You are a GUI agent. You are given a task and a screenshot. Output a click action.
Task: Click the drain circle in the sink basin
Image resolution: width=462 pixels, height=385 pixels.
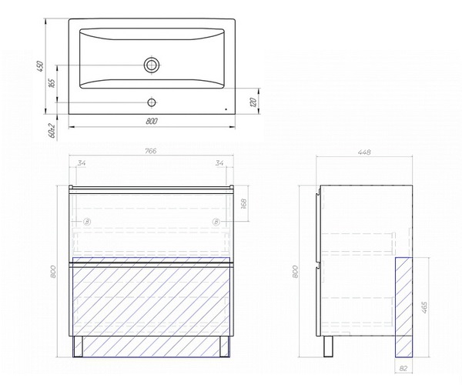pos(152,65)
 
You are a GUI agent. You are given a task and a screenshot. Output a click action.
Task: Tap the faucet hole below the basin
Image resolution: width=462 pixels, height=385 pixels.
pos(152,102)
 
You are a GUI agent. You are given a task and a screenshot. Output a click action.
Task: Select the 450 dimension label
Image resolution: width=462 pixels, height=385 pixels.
pos(40,66)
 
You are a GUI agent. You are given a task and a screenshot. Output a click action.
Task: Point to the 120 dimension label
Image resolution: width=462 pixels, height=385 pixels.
pos(253,102)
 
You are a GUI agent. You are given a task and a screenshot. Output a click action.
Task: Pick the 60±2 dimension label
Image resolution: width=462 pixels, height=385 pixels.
pos(52,130)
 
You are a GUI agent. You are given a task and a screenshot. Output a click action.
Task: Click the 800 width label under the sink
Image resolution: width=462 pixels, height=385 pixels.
pos(152,121)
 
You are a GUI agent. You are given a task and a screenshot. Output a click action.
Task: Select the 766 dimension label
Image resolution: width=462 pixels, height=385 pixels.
pos(151,151)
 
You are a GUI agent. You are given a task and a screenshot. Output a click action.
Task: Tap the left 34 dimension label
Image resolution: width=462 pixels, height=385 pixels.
pos(82,163)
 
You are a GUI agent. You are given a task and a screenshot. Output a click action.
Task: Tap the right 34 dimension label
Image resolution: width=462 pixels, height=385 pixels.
pos(219,163)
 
